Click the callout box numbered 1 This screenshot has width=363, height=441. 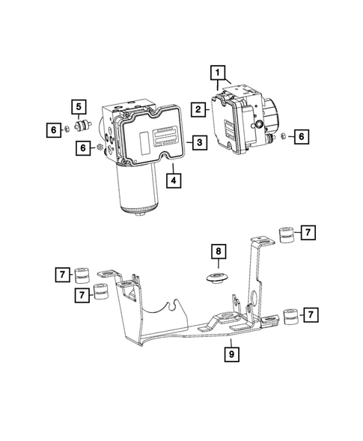[217, 73]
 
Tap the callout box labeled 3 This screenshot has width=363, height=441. [198, 142]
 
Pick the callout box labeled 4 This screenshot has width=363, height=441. [173, 180]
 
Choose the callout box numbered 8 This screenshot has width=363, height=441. [217, 251]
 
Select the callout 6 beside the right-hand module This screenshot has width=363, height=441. [300, 136]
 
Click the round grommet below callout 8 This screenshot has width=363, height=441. [218, 281]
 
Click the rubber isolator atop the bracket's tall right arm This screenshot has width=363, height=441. [284, 235]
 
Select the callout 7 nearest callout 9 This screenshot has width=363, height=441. [306, 315]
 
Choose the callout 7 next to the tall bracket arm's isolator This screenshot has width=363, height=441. [308, 233]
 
